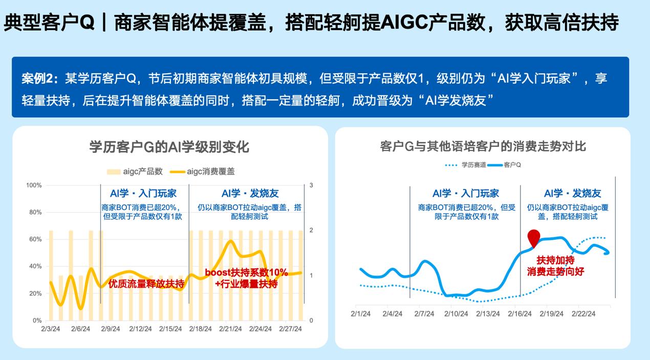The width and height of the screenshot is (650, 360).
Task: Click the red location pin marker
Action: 533,238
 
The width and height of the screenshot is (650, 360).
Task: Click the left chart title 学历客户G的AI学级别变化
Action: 169,147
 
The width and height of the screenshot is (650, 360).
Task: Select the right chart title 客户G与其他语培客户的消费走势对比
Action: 483,146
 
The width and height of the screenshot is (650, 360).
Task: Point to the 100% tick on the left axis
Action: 34,185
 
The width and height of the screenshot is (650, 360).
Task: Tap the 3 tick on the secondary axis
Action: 311,185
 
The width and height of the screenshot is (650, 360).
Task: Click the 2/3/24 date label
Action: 51,329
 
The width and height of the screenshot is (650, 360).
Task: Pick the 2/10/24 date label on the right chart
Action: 456,313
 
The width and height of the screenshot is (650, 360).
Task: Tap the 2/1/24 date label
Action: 360,313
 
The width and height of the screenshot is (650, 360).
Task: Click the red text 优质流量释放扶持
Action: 146,283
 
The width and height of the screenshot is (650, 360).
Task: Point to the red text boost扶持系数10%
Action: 246,272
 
